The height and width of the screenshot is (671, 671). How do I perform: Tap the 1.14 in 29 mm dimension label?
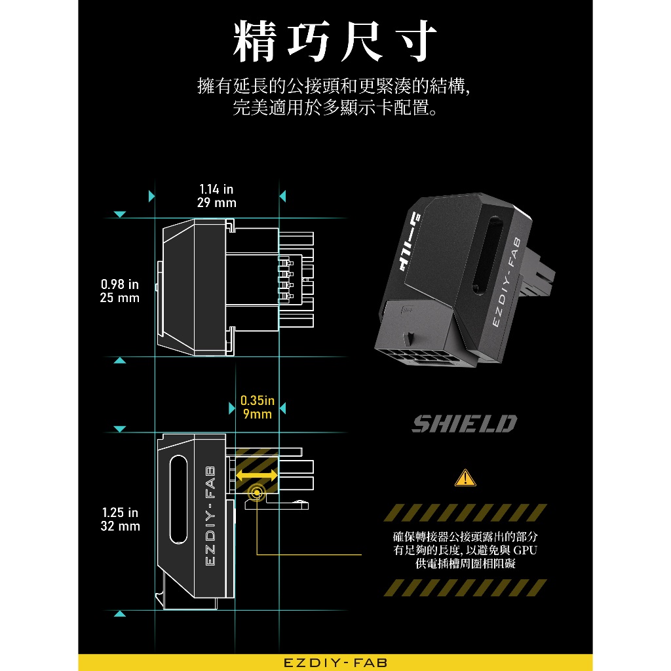coord(216,196)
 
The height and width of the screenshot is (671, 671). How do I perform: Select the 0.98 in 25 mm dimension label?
coord(120,291)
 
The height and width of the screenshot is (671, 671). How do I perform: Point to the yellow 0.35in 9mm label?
coord(257,407)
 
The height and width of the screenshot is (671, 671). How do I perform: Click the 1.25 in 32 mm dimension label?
coord(120,519)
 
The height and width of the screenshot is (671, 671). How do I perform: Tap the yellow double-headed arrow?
coord(256,474)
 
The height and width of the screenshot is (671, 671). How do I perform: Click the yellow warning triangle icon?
coord(465,478)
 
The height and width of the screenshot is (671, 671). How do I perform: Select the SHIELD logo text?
coord(464,424)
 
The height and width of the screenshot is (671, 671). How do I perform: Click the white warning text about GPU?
coord(465,550)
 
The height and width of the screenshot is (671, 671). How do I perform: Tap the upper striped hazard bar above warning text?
coord(465,512)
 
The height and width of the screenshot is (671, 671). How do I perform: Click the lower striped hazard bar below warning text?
coord(465,587)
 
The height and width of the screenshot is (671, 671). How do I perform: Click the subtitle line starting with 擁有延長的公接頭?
coord(335,86)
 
